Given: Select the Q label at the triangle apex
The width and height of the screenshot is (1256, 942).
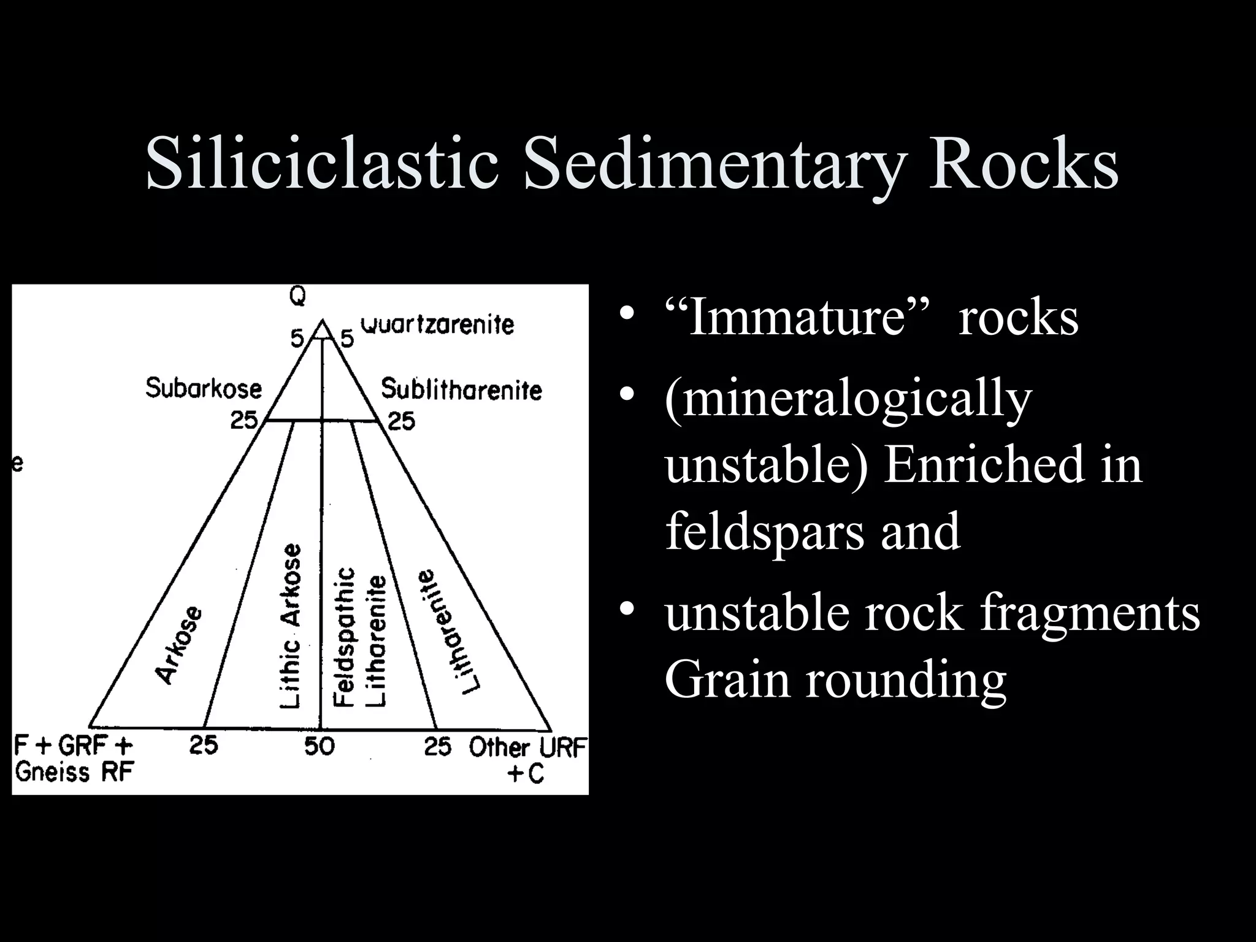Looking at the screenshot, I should pyautogui.click(x=298, y=297).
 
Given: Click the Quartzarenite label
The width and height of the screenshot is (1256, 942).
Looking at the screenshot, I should pyautogui.click(x=437, y=324).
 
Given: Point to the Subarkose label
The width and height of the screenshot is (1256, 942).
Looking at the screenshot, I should pyautogui.click(x=204, y=388).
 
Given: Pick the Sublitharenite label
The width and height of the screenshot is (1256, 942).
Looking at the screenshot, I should pyautogui.click(x=461, y=390).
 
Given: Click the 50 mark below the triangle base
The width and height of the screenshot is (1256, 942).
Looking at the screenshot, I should pyautogui.click(x=320, y=746).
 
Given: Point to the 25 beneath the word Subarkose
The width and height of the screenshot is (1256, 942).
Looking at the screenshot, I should pyautogui.click(x=244, y=421).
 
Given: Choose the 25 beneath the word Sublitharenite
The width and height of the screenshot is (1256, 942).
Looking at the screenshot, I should pyautogui.click(x=401, y=421).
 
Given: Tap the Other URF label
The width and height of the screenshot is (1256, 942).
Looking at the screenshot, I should pyautogui.click(x=527, y=748).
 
